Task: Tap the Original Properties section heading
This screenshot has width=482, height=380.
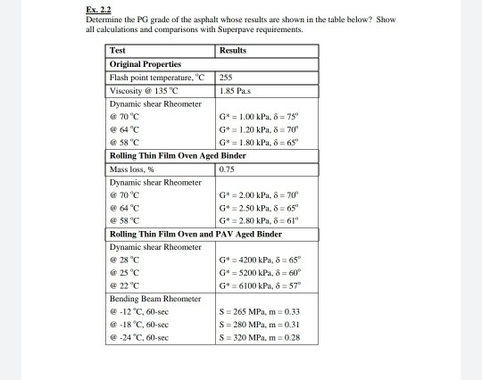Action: [145, 64]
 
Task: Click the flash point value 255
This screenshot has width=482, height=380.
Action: [225, 77]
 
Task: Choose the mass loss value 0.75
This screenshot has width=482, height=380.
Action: [227, 169]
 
